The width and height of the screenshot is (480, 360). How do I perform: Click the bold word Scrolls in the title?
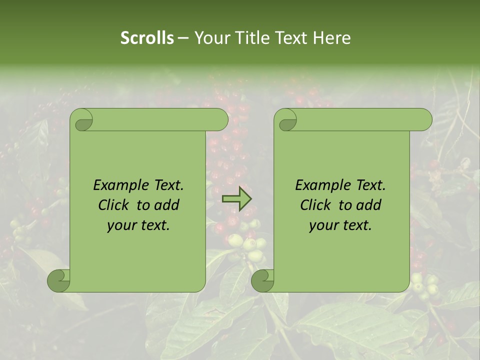[x=147, y=38]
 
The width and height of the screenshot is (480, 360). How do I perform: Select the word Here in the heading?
[x=332, y=38]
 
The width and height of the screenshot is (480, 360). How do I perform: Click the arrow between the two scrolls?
[x=236, y=199]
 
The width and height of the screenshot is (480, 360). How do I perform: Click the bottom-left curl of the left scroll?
[x=59, y=280]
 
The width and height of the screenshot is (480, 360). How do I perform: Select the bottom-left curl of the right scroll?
[x=262, y=280]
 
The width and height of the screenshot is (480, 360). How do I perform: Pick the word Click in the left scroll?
[x=114, y=205]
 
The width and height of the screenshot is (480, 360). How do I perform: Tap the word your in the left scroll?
[x=120, y=225]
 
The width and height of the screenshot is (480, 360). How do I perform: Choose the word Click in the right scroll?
[x=316, y=205]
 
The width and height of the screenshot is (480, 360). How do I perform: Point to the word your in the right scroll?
[x=322, y=225]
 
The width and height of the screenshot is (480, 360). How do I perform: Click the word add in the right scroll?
[x=369, y=205]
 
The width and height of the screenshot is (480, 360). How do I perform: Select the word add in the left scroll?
[x=167, y=205]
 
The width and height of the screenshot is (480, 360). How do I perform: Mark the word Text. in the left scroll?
[x=166, y=185]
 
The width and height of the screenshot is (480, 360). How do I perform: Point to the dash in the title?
[x=183, y=38]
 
